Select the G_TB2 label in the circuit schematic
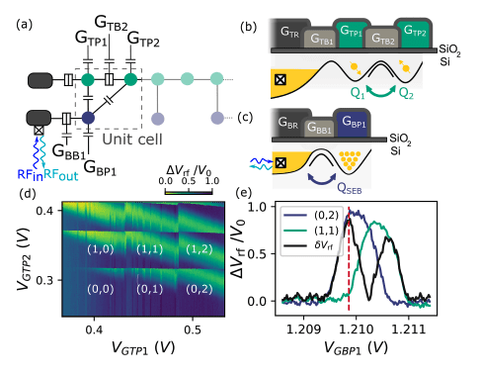(105, 20)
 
